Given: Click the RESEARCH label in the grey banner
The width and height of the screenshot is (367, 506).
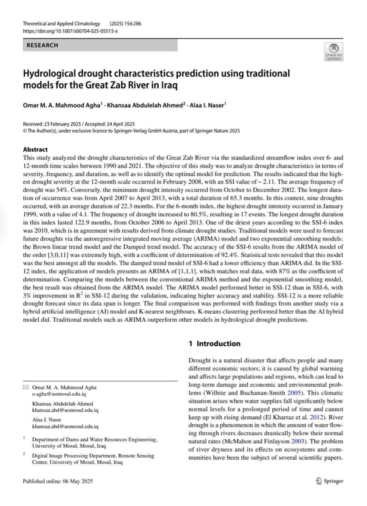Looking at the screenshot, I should click(x=42, y=45).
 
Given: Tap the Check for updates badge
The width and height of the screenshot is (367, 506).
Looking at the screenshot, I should click(x=333, y=52).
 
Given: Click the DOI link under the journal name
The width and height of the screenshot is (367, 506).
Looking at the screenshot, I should click(x=70, y=31).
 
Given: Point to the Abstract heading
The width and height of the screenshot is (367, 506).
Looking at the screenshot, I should click(x=35, y=149).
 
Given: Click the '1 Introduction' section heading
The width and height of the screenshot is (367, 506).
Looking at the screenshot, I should click(x=214, y=343).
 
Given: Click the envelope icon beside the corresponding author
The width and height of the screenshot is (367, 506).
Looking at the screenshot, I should click(x=25, y=388).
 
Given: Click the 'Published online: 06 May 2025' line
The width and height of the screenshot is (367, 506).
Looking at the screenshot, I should click(x=58, y=481).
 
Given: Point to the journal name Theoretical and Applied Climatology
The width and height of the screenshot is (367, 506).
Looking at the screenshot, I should click(x=61, y=24).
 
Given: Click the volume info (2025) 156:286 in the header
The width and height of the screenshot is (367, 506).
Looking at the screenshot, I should click(x=125, y=24).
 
